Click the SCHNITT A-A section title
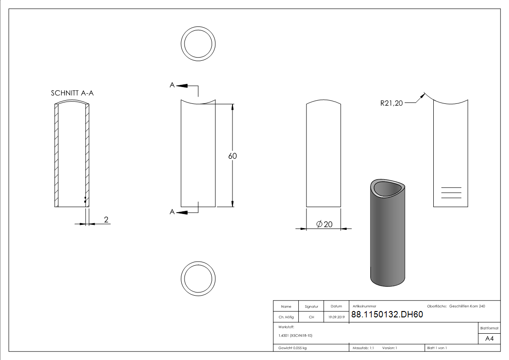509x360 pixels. [73, 93]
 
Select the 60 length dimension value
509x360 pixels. [233, 156]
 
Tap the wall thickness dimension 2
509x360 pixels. [106, 220]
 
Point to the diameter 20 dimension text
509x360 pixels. [324, 224]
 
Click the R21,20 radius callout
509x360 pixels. [392, 103]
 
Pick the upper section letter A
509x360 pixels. [172, 85]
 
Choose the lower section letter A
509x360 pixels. [172, 211]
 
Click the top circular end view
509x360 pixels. [198, 44]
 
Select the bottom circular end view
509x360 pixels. [198, 277]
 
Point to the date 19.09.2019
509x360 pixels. [336, 317]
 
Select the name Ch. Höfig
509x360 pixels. [286, 317]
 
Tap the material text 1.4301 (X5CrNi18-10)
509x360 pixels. [296, 336]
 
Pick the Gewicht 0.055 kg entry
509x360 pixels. [293, 348]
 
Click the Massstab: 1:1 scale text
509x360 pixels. [363, 348]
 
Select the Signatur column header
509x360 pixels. [311, 306]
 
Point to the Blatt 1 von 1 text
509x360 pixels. [437, 348]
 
